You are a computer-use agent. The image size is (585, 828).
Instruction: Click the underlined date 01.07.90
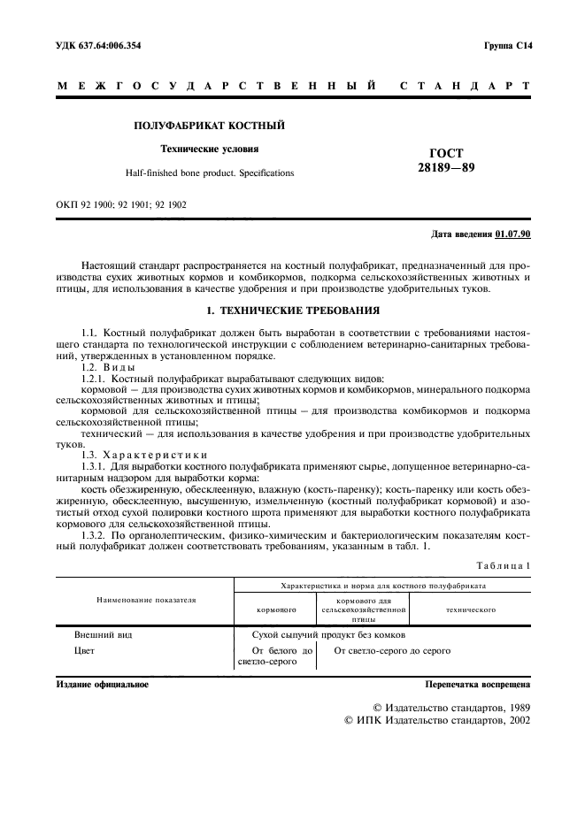point(512,234)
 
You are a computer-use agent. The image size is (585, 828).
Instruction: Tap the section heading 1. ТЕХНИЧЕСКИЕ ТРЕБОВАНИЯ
point(293,311)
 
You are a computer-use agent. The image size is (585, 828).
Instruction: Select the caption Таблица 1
point(504,564)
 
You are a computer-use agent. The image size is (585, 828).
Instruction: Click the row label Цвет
point(85,651)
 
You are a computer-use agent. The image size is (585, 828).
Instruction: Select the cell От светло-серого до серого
point(391,651)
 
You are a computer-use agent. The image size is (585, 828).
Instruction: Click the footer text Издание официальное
point(103,685)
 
